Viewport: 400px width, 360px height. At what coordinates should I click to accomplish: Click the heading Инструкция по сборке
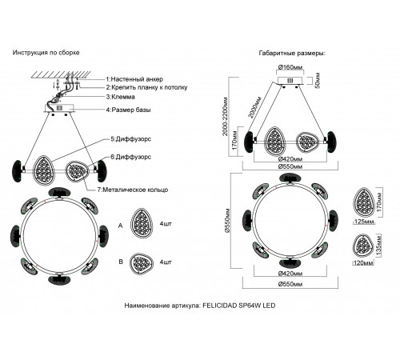pyautogui.click(x=46, y=53)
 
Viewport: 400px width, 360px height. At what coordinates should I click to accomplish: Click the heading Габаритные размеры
pyautogui.click(x=292, y=53)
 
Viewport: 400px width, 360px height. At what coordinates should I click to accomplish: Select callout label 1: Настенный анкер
pyautogui.click(x=134, y=79)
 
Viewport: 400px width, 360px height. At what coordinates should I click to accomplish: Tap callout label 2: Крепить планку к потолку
pyautogui.click(x=146, y=87)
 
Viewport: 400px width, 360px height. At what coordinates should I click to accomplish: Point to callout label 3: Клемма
pyautogui.click(x=120, y=97)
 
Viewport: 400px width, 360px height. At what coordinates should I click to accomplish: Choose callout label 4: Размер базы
pyautogui.click(x=128, y=110)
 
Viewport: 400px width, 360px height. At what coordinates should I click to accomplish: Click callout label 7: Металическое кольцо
pyautogui.click(x=133, y=190)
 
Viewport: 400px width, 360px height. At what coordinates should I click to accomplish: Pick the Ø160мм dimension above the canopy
pyautogui.click(x=290, y=67)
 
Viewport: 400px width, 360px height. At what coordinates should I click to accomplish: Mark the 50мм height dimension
pyautogui.click(x=318, y=80)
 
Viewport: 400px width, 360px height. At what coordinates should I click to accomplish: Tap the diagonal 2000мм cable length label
pyautogui.click(x=255, y=107)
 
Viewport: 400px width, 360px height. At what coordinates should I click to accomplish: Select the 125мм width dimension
pyautogui.click(x=364, y=222)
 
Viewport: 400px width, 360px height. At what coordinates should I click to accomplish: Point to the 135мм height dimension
pyautogui.click(x=379, y=245)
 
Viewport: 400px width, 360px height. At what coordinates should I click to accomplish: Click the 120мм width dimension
pyautogui.click(x=363, y=263)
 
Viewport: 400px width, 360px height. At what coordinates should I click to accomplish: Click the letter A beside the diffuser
pyautogui.click(x=121, y=226)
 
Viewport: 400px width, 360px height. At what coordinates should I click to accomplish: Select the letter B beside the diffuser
pyautogui.click(x=121, y=262)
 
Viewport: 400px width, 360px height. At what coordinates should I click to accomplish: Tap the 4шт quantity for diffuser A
pyautogui.click(x=166, y=223)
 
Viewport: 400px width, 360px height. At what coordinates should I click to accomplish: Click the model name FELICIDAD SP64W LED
pyautogui.click(x=239, y=306)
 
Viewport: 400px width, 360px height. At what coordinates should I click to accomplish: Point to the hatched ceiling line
pyautogui.click(x=61, y=74)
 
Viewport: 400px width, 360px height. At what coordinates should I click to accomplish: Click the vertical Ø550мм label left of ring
pyautogui.click(x=226, y=221)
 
